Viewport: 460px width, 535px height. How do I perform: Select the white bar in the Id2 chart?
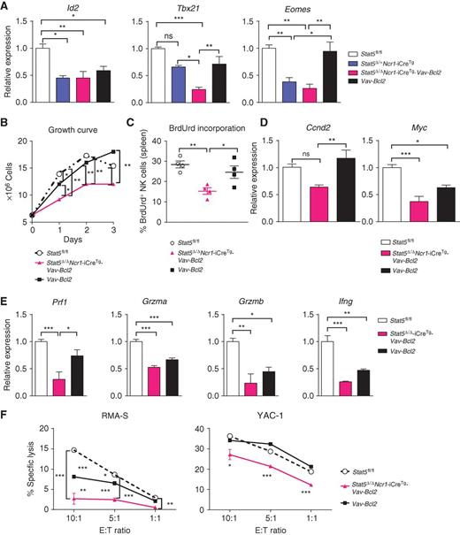40,70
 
